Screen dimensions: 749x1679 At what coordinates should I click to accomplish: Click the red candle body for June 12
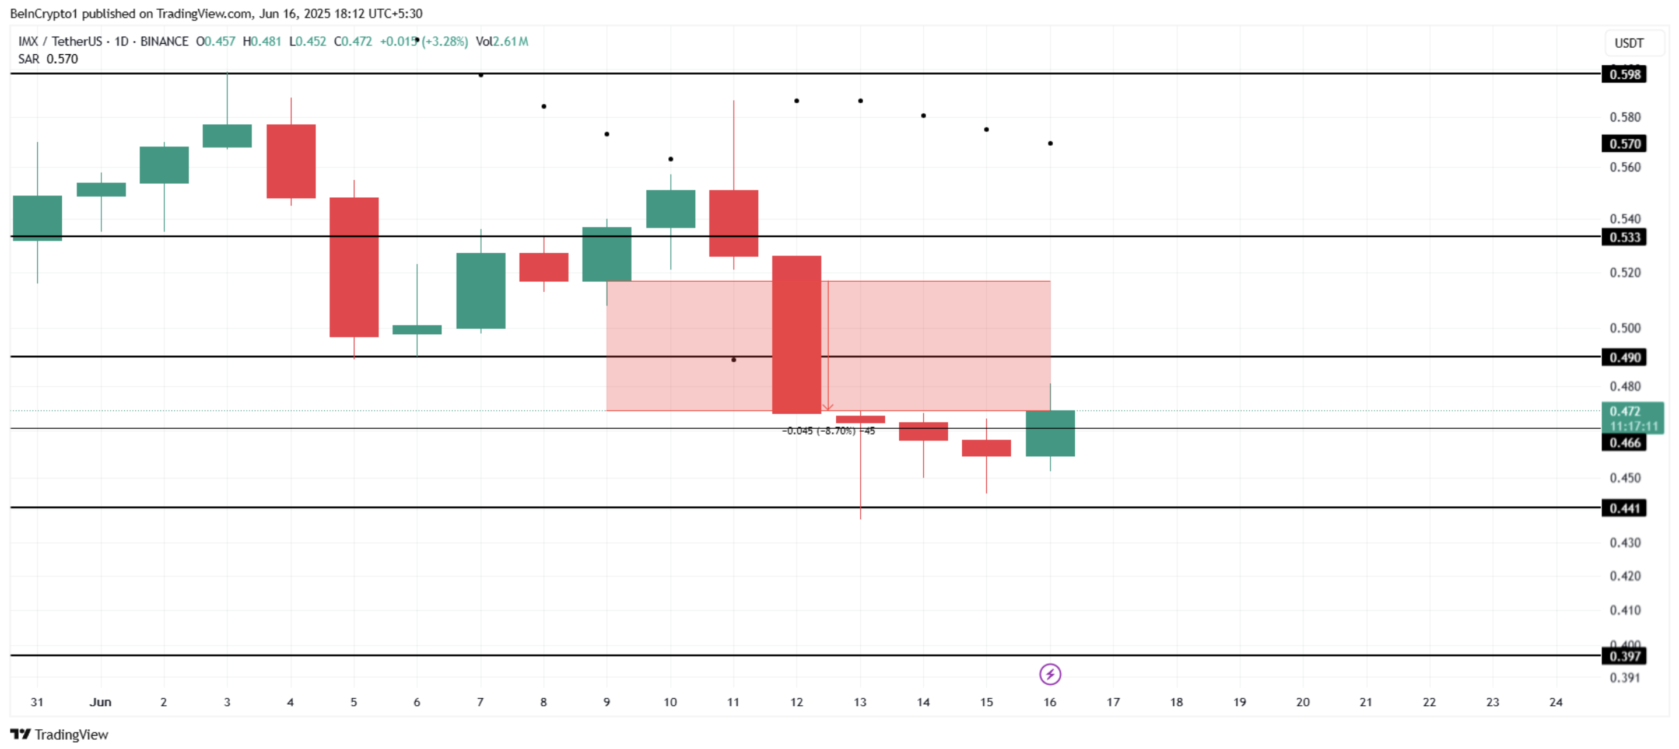796,334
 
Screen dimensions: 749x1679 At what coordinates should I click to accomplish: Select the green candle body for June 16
1049,433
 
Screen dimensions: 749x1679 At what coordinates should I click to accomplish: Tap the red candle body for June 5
354,267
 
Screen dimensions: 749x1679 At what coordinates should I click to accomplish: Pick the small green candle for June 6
416,329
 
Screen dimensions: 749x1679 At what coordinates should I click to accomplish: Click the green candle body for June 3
227,135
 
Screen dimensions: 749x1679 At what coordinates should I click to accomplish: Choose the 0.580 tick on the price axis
1624,117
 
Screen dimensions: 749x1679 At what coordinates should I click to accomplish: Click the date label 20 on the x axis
1302,702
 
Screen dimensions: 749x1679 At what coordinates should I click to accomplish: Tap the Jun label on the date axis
100,702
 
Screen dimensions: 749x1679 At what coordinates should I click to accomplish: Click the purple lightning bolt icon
1049,674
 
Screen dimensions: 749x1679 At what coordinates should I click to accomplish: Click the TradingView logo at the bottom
59,734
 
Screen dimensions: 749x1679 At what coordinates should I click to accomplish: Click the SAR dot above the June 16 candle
1050,143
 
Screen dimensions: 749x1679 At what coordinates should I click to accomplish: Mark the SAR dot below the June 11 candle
733,360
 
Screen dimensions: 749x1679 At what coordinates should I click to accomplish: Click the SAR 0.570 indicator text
48,60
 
